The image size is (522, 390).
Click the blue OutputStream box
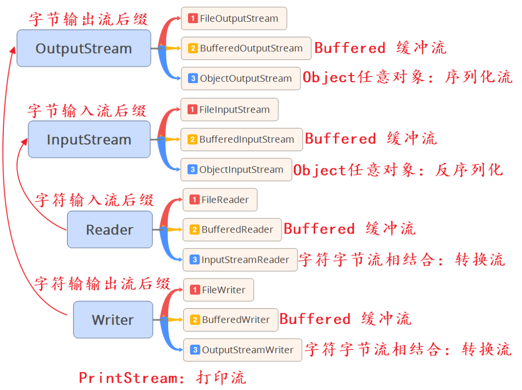pos(84,48)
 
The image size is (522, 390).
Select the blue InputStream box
pos(89,139)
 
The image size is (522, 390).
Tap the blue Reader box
pos(110,230)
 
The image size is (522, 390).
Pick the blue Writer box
pos(113,320)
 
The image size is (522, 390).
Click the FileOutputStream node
pos(234,18)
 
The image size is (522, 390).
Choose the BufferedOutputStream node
pos(246,48)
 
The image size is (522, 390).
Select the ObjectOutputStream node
pos(241,79)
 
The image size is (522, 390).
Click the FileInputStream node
pos(230,110)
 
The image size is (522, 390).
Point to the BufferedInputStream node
pos(242,140)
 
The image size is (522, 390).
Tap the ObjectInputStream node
pos(236,170)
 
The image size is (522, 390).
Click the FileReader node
pos(220,200)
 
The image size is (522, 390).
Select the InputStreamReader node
pos(240,260)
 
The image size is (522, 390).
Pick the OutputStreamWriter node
pos(243,350)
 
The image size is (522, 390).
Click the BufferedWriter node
pos(231,320)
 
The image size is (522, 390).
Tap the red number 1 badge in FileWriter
pos(195,290)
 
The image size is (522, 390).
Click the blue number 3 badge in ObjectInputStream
pos(192,169)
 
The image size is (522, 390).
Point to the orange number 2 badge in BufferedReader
pos(194,230)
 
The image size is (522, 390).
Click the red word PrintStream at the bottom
pos(129,378)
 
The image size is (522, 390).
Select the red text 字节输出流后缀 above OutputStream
pos(88,19)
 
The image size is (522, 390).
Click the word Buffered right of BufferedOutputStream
pos(350,48)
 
